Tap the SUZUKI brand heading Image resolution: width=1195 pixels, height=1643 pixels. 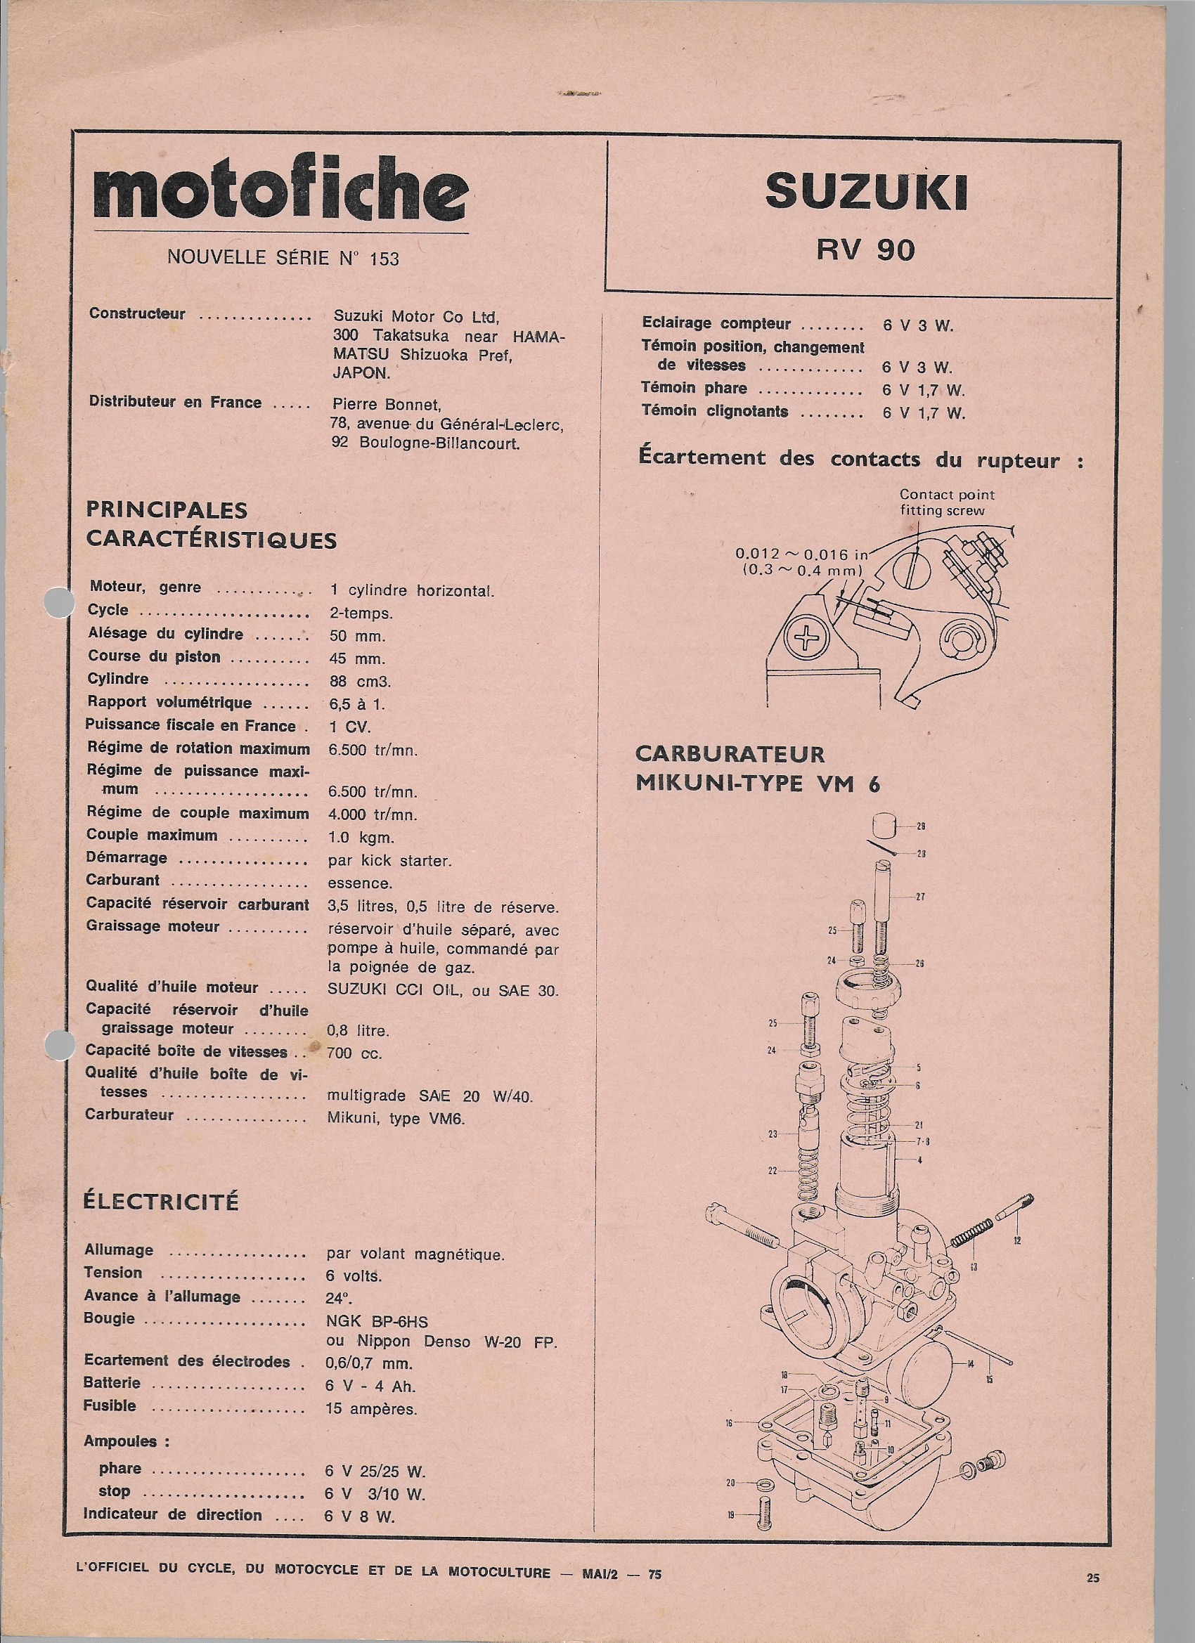pos(867,193)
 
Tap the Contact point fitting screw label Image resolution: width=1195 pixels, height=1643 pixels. pos(946,502)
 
